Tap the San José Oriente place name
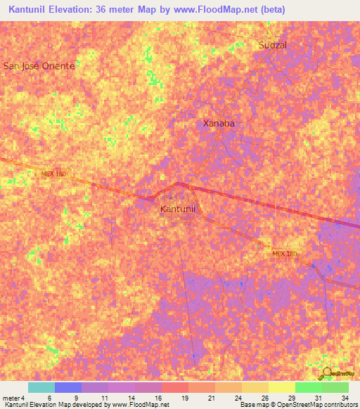(x=39, y=65)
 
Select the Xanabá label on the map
(x=218, y=123)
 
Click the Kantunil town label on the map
(x=181, y=209)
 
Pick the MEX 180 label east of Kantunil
(x=285, y=253)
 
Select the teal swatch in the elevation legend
(x=41, y=387)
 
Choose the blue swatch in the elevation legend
(x=68, y=387)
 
